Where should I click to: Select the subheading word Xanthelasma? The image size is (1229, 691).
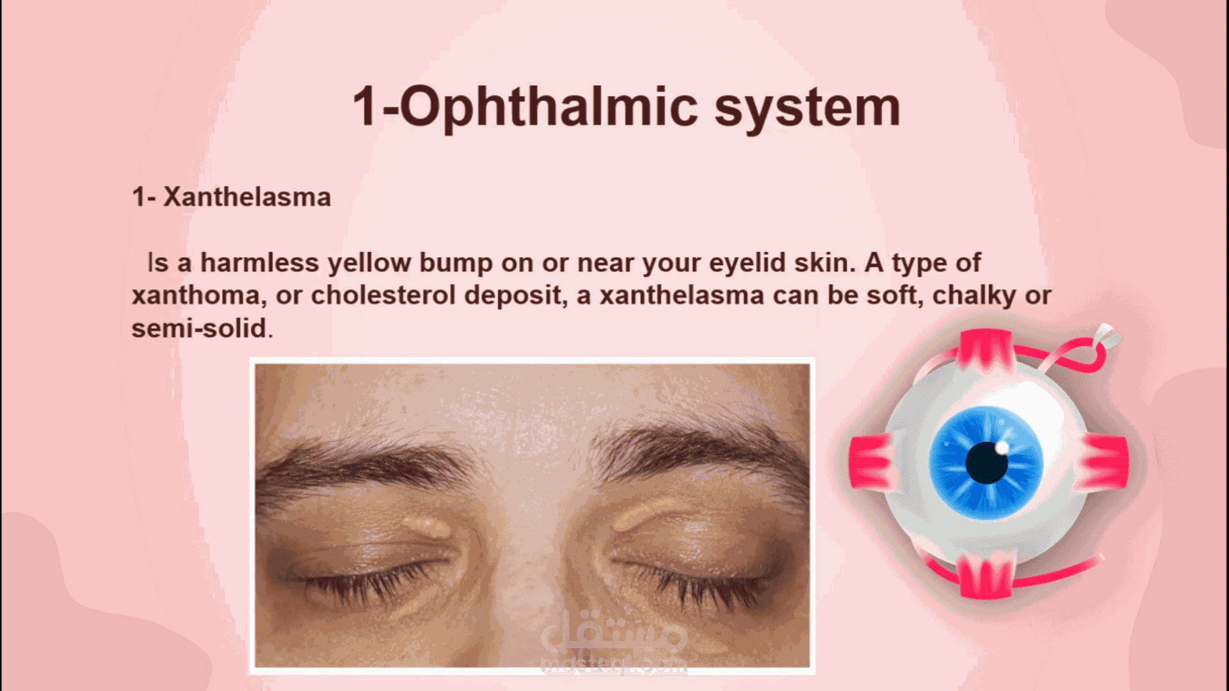[247, 197]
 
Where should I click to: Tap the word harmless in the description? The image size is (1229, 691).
[260, 262]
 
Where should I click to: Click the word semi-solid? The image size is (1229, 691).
[200, 328]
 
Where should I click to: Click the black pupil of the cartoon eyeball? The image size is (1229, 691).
[986, 463]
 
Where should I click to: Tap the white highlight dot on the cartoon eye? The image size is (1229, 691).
[1002, 447]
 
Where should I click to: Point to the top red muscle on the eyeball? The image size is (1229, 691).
[986, 351]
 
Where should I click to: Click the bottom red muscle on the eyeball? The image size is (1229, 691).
[986, 576]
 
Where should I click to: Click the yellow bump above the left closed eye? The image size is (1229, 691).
[426, 526]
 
